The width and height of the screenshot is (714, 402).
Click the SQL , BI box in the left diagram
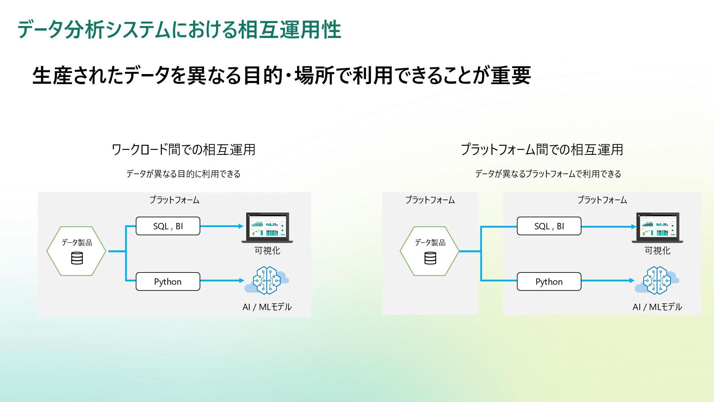point(168,226)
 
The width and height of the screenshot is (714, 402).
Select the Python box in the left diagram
point(168,281)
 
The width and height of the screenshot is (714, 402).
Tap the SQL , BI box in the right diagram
point(549,226)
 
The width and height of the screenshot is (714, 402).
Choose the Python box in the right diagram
point(549,281)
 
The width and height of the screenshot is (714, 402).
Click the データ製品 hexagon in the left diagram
point(76,251)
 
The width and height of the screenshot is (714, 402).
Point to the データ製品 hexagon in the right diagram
point(430,251)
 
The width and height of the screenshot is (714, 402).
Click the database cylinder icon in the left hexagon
point(77,258)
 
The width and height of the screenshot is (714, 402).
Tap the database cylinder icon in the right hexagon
point(430,258)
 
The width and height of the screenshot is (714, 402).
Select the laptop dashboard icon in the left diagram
point(267,227)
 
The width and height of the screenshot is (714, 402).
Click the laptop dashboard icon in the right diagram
point(657,227)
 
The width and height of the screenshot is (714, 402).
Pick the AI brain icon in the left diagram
point(266,280)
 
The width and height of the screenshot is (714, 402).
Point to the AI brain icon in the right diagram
point(657,280)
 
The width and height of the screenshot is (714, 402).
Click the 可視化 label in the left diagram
point(267,251)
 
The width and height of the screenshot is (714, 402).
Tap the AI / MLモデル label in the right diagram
point(657,307)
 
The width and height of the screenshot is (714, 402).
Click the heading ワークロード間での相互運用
point(183,150)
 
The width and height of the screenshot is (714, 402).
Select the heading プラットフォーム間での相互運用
point(542,150)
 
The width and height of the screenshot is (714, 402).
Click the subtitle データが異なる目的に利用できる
point(183,174)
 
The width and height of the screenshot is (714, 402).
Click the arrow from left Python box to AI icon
point(222,281)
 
